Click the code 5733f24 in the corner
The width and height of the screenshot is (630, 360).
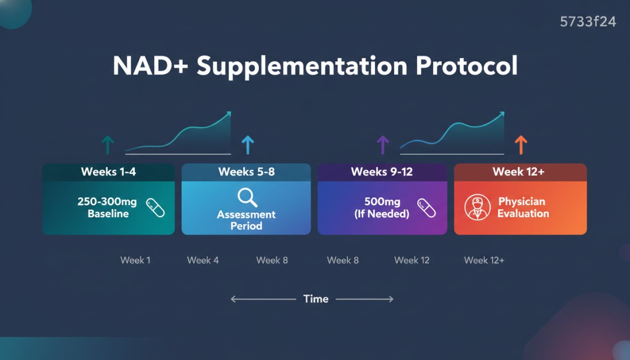(x=588, y=22)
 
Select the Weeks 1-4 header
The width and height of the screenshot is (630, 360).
(x=108, y=172)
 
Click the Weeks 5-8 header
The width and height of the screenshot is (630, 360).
(x=246, y=172)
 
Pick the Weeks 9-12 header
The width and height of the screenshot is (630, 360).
(x=382, y=172)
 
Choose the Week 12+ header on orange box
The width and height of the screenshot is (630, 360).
(x=520, y=172)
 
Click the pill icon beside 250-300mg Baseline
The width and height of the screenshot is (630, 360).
(x=155, y=207)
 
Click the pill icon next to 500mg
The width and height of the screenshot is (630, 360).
(x=426, y=208)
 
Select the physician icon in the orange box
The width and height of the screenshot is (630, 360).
(x=477, y=207)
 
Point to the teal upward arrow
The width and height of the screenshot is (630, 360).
(x=108, y=145)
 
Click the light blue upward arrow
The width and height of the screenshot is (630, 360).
(x=248, y=145)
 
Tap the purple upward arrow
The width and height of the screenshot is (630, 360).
(x=383, y=145)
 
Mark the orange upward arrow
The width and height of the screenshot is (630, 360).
(x=521, y=145)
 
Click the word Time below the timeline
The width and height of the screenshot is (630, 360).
(x=316, y=299)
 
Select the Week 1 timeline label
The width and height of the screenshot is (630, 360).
(x=135, y=260)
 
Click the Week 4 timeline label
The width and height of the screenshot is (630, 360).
(x=203, y=260)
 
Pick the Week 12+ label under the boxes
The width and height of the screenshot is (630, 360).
(x=484, y=260)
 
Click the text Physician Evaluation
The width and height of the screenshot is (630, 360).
(x=523, y=207)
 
